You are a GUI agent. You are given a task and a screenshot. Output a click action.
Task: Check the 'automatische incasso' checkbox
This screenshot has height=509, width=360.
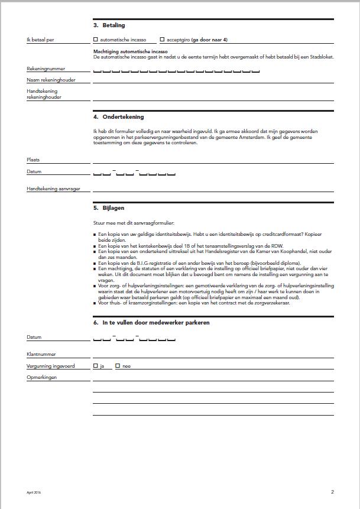(x=96, y=40)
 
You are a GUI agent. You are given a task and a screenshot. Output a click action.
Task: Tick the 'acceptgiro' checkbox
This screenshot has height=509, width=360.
(x=163, y=40)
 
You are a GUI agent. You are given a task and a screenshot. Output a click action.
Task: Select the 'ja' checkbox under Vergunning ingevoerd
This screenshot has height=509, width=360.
(x=96, y=366)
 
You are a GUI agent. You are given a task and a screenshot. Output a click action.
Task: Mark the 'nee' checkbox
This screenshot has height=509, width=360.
(x=118, y=366)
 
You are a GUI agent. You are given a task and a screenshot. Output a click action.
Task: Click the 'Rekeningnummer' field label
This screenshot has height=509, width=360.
(x=46, y=69)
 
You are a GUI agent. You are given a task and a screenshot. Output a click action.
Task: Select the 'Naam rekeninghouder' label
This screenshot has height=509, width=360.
(x=51, y=80)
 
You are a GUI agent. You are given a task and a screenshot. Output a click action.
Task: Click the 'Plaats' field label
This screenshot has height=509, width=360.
(x=33, y=160)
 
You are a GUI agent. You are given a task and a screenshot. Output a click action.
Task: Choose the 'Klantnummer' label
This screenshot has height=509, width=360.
(x=41, y=354)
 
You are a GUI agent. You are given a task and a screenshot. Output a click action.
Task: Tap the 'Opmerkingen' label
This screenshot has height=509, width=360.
(x=41, y=377)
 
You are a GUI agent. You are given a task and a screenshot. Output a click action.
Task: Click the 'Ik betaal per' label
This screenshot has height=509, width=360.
(x=41, y=40)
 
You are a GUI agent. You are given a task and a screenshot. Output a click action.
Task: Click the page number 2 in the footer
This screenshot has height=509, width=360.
(x=332, y=492)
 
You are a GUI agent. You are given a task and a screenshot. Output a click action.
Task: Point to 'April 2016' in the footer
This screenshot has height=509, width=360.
(x=34, y=492)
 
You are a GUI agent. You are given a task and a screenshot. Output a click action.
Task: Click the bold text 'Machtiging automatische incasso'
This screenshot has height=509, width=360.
(x=130, y=51)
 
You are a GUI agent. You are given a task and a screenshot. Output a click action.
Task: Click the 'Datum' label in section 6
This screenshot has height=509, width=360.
(x=34, y=337)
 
